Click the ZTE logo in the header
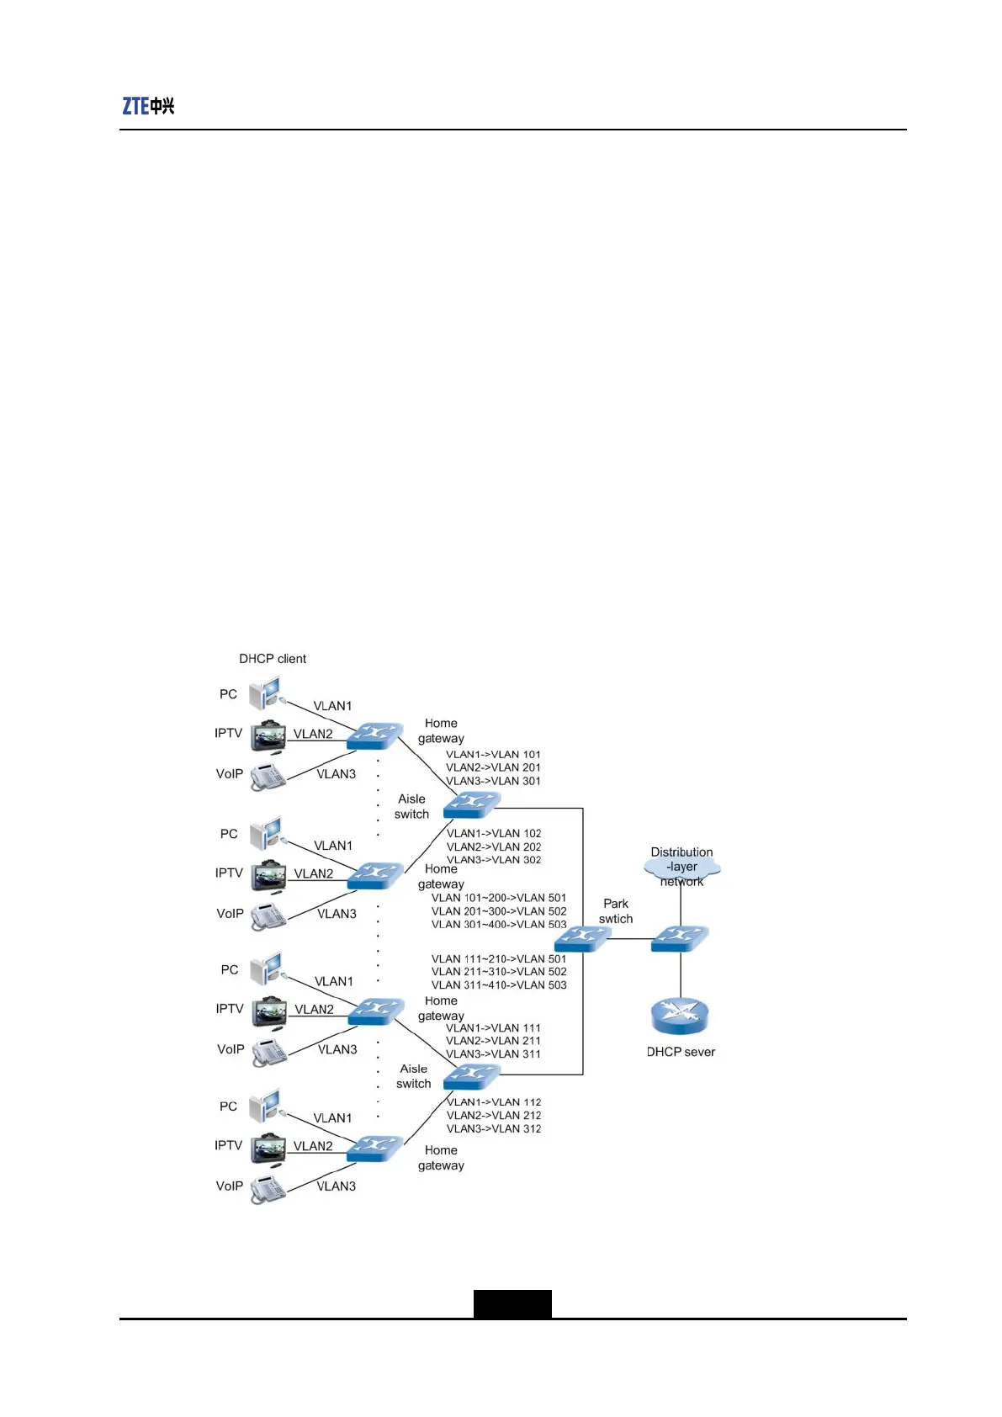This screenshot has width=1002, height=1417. click(148, 106)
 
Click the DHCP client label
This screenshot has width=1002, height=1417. click(273, 659)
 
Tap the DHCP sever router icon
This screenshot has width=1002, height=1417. click(680, 1016)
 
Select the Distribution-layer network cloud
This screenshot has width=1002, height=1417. click(681, 867)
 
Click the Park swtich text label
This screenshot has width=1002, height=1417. click(616, 911)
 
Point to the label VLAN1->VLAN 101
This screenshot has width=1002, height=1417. click(493, 755)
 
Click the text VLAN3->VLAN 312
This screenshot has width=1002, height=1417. click(494, 1129)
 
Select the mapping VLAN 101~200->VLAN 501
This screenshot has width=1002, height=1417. click(499, 898)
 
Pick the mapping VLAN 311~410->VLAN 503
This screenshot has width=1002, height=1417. click(499, 985)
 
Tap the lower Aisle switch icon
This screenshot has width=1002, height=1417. click(471, 1075)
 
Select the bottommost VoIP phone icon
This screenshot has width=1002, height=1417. click(268, 1189)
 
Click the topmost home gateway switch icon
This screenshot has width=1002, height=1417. click(374, 736)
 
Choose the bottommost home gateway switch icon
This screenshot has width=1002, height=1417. click(374, 1149)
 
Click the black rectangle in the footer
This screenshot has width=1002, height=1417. click(512, 1303)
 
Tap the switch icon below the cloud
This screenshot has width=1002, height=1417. click(680, 938)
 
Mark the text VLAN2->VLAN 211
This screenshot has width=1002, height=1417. click(493, 1041)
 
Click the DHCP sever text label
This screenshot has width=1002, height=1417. click(681, 1052)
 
